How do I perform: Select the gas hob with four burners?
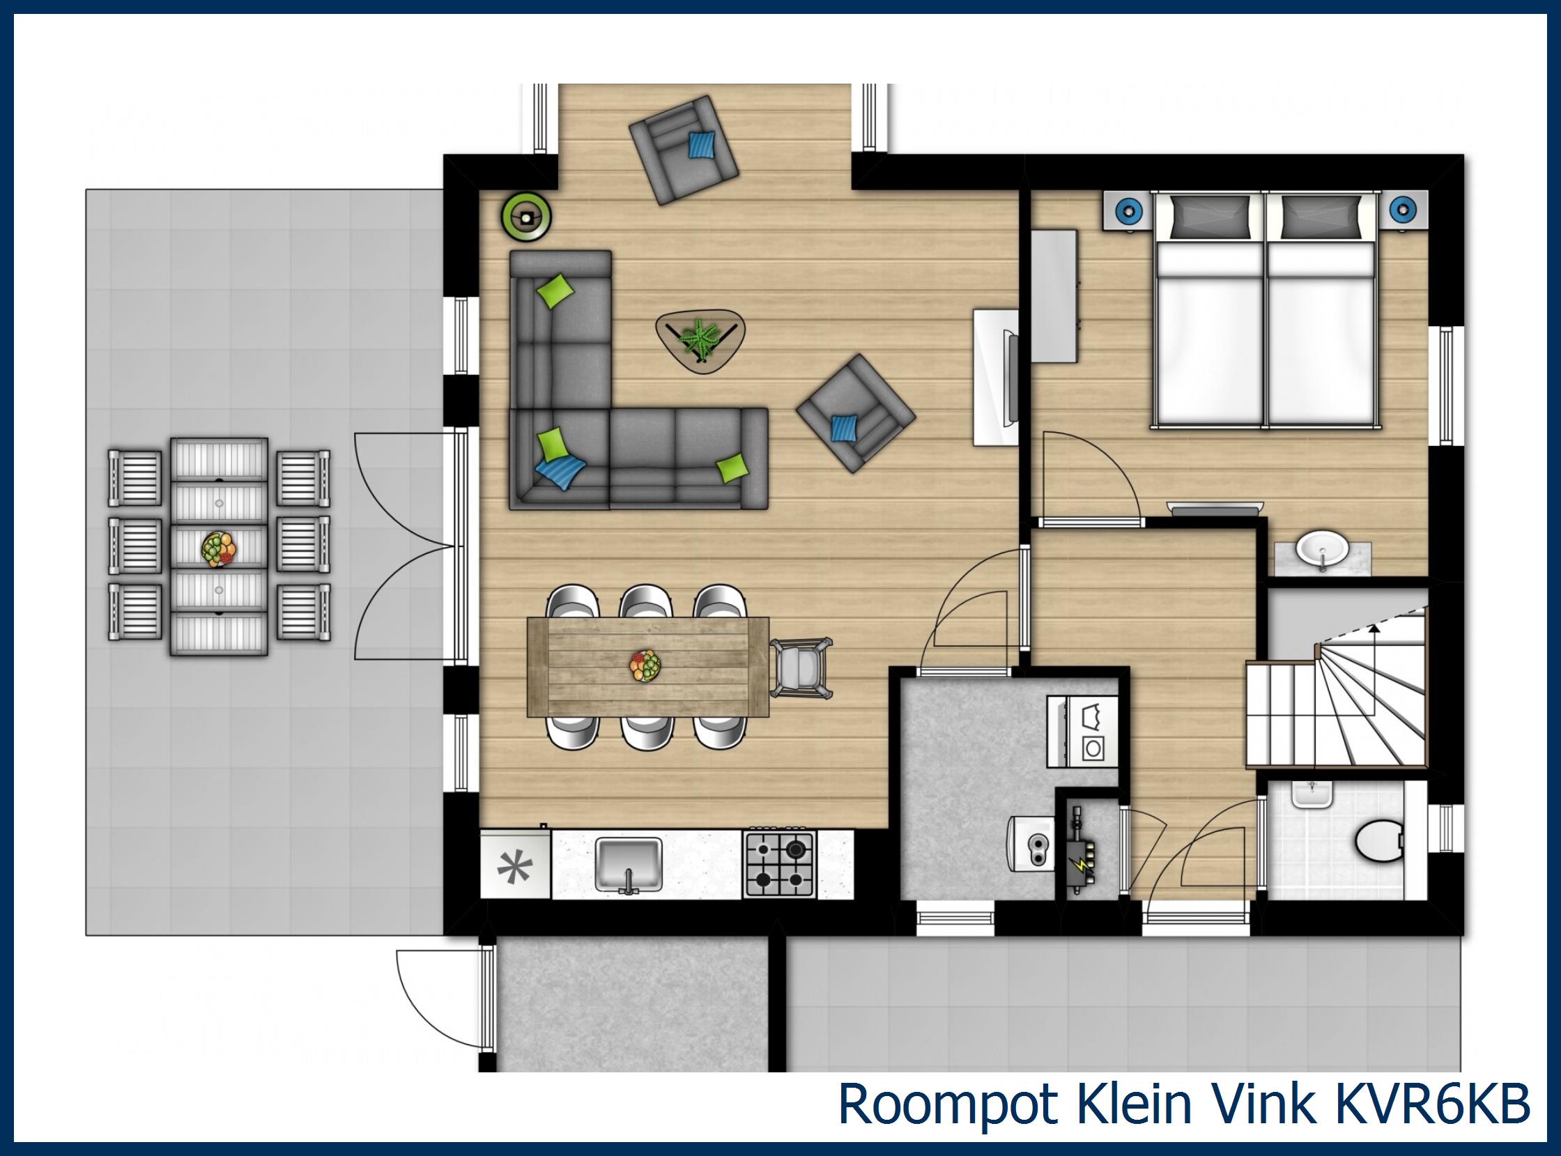[779, 863]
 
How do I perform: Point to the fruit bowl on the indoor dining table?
[645, 665]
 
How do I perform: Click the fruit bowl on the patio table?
[219, 548]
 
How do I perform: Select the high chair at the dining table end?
[802, 668]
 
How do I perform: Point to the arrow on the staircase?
[1374, 630]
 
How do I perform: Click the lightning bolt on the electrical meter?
[1082, 865]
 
